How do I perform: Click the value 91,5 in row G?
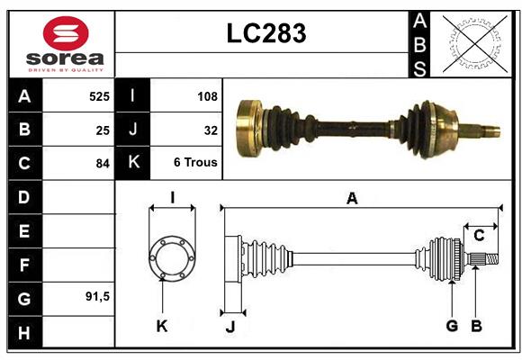click(96, 296)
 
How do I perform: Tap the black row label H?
click(24, 332)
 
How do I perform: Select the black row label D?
click(24, 197)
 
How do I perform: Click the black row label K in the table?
click(133, 164)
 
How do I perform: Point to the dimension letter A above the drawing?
click(352, 198)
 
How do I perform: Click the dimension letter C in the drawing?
click(480, 236)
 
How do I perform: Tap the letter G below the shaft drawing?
click(451, 325)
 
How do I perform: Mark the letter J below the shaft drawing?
click(229, 326)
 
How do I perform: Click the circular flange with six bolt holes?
click(171, 259)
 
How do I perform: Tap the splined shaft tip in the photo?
click(487, 130)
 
